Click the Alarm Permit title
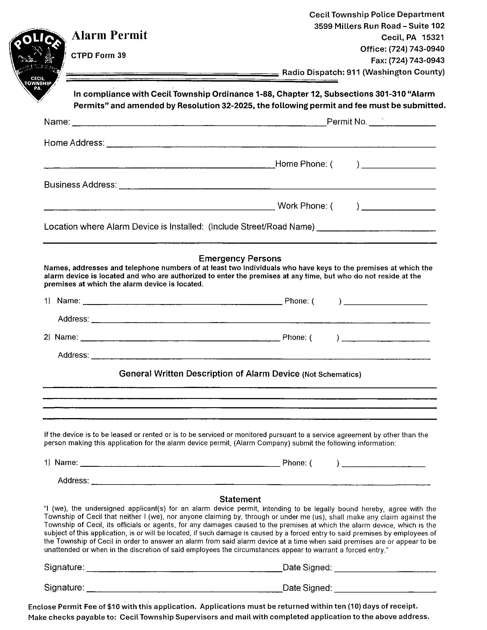(x=109, y=36)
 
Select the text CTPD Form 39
(x=98, y=55)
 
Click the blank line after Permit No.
(x=402, y=124)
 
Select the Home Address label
(x=74, y=143)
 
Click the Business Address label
(x=80, y=185)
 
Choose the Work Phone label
(x=302, y=206)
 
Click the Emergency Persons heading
(x=240, y=258)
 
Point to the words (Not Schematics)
(x=331, y=375)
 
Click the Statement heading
(x=240, y=499)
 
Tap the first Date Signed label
(x=307, y=567)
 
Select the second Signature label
(x=64, y=588)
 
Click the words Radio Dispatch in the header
(x=313, y=72)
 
